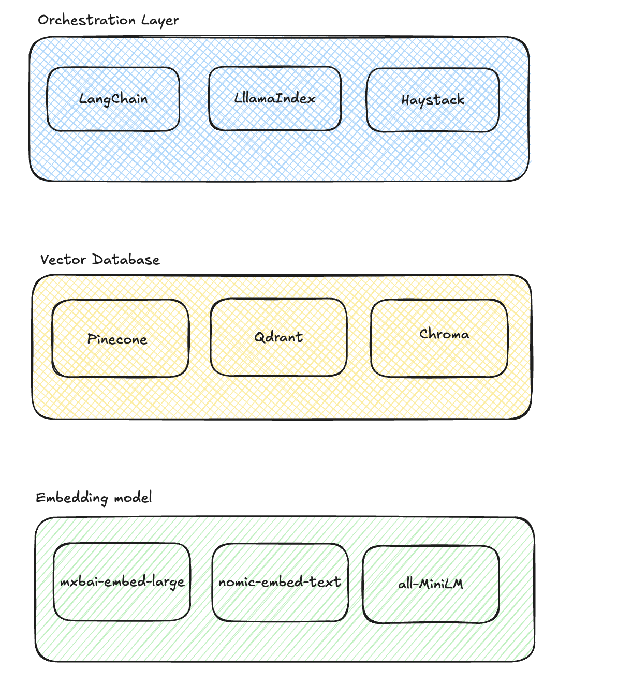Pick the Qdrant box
coord(278,355)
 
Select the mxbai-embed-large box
coord(122,600)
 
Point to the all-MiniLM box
coord(431,602)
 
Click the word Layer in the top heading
coord(160,21)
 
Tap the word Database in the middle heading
coord(126,260)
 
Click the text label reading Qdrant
coord(278,337)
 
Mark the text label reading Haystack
coord(433,100)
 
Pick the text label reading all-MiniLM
coord(431,584)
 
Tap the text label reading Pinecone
coord(117,339)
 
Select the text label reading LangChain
coord(113,99)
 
